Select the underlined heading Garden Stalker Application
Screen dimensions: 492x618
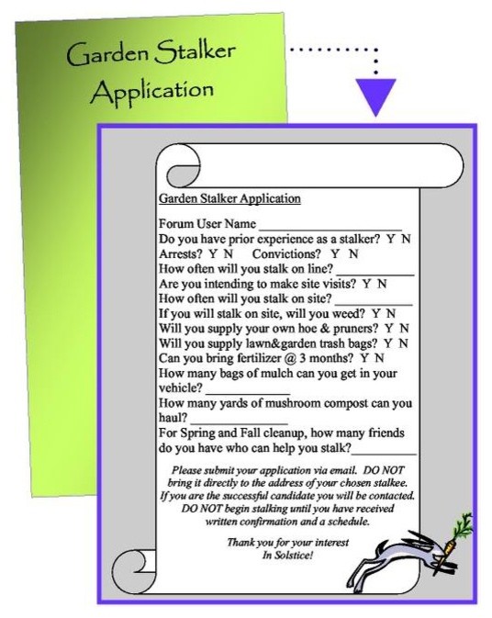[229, 198]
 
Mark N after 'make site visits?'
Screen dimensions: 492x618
[382, 284]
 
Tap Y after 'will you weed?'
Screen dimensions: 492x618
[377, 313]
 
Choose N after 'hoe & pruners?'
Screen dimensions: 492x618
[404, 328]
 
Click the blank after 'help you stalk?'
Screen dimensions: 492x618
[385, 450]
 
